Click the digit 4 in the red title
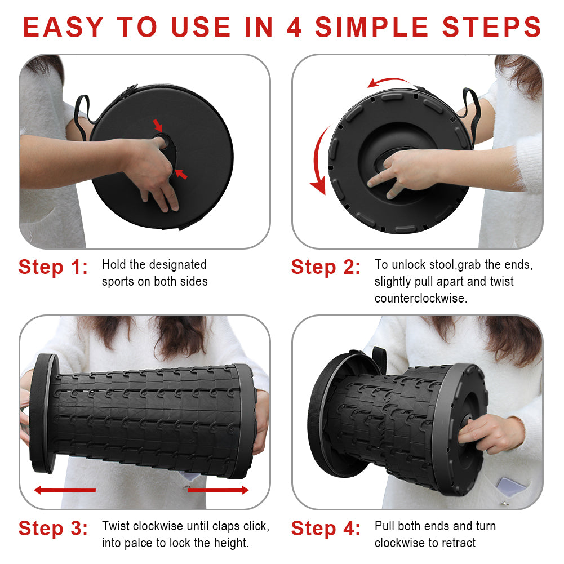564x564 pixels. coord(294,28)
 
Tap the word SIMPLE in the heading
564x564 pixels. coord(371,28)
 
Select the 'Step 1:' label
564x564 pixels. coord(53,267)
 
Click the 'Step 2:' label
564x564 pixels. coord(326,267)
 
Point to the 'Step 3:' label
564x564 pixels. coord(53,529)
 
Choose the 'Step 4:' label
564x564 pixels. coord(326,529)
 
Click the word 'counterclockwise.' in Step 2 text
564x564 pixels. coord(421,298)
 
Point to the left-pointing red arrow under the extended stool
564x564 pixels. coord(65,490)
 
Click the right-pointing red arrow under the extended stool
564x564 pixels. coord(218,490)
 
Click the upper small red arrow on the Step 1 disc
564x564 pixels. coord(158,125)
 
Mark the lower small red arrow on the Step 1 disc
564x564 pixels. coord(181,174)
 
